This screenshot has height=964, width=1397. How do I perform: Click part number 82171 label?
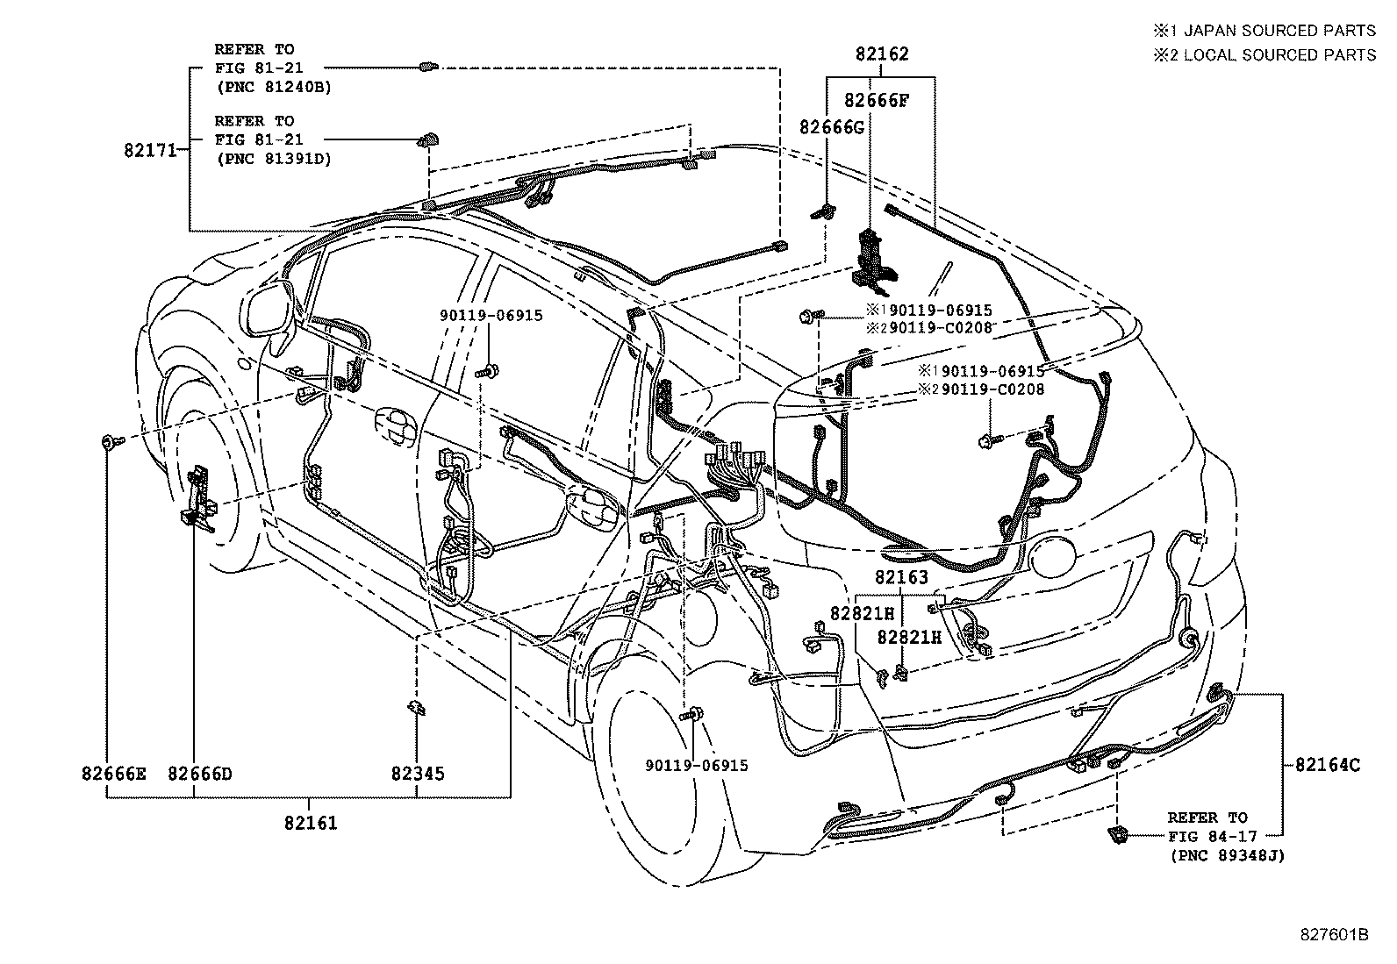click(x=151, y=150)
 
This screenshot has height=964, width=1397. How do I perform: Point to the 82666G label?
click(x=831, y=128)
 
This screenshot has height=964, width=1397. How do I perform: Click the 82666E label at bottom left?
click(x=113, y=774)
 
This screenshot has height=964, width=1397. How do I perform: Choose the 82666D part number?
click(x=200, y=774)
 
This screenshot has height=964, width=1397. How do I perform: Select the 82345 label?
click(x=417, y=774)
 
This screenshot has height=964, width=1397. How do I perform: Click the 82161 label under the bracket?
click(x=310, y=823)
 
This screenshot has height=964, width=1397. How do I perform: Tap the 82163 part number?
click(x=900, y=577)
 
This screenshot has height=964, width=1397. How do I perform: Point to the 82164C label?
click(x=1328, y=764)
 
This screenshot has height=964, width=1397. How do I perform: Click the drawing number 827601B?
click(x=1334, y=934)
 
